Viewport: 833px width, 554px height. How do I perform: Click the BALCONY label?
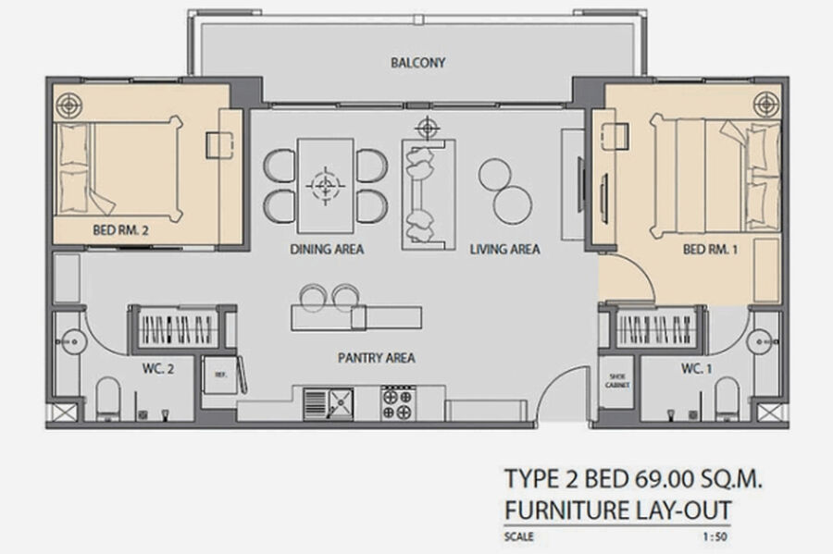click(417, 63)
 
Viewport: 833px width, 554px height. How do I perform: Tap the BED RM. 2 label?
click(120, 229)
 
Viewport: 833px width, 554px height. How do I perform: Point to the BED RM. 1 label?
click(710, 249)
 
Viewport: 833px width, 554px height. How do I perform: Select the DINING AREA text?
click(327, 249)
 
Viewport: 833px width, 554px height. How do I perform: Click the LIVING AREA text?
click(504, 249)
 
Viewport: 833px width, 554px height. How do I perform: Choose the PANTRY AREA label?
click(376, 358)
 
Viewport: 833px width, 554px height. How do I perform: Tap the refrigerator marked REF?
click(220, 375)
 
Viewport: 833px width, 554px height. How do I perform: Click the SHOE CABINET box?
click(616, 381)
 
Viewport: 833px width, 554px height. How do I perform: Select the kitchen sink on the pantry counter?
click(329, 404)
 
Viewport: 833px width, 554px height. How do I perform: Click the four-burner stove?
click(398, 403)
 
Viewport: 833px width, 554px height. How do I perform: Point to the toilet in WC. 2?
click(108, 398)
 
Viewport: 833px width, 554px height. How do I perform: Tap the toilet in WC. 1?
click(727, 398)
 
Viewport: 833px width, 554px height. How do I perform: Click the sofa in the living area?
click(429, 194)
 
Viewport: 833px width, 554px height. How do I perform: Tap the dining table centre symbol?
click(326, 186)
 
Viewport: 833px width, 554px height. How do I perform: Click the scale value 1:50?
click(715, 536)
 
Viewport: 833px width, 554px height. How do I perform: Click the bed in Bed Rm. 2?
click(119, 168)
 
